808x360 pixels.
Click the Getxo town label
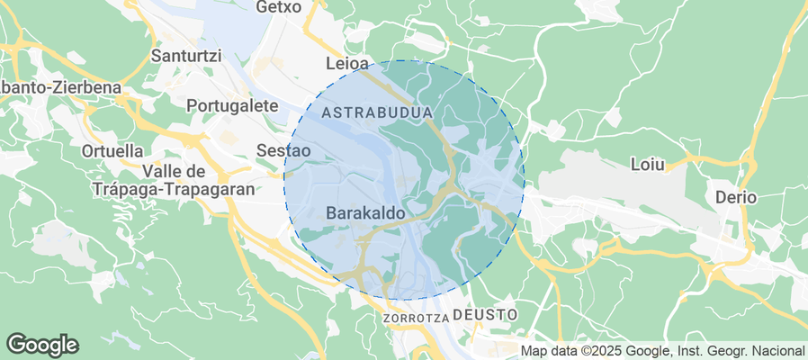click(x=275, y=7)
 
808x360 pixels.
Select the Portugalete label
click(x=232, y=105)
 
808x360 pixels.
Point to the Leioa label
click(x=346, y=65)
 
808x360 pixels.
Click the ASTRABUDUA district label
click(x=377, y=113)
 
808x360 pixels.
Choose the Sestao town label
click(x=284, y=150)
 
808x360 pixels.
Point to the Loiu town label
click(x=648, y=166)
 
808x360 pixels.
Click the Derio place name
click(x=736, y=197)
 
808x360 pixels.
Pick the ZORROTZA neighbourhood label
click(x=415, y=319)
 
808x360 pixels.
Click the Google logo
click(x=42, y=344)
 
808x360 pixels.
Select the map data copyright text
click(x=662, y=350)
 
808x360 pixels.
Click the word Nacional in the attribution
click(x=777, y=350)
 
